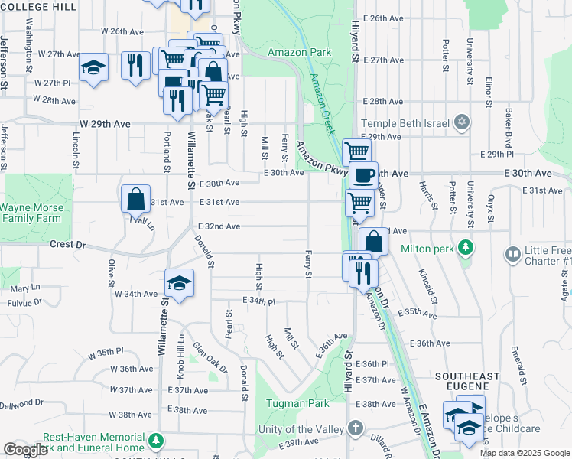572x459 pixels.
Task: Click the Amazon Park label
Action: point(299,52)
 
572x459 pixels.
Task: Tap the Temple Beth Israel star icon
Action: point(461,122)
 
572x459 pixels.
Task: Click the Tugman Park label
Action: point(297,403)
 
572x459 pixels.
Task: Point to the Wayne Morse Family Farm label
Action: point(31,213)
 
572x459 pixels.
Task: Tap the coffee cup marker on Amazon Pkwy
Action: point(364,175)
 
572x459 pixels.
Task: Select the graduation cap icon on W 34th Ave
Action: point(179,283)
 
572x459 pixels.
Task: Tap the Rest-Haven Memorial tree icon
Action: point(156,441)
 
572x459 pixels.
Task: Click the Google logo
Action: point(25,450)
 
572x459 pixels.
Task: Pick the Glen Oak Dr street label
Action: point(210,357)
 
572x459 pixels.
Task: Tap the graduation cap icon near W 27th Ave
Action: point(94,67)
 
